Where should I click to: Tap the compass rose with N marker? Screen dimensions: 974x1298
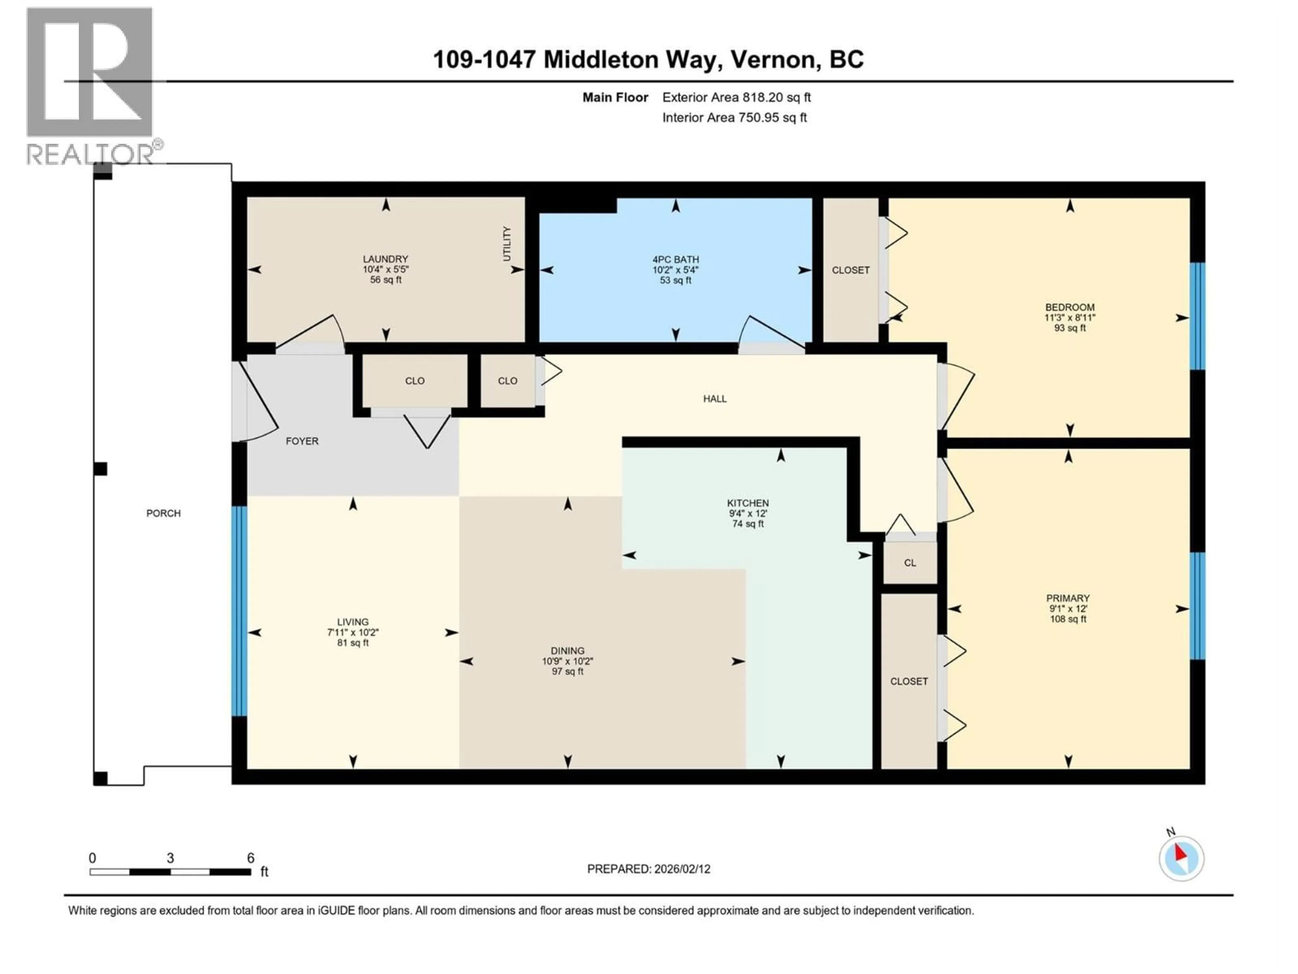coord(1181,858)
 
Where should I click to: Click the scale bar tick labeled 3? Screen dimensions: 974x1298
coord(170,858)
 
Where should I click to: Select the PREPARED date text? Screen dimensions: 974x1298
coord(648,869)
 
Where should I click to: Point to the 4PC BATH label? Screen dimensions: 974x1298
coord(675,259)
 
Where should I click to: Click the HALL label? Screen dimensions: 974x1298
coord(715,399)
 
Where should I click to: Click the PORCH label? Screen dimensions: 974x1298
coord(164,513)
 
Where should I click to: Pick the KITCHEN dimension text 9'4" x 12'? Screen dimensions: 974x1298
coord(748,513)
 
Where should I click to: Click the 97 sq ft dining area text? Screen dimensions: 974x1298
coord(568,671)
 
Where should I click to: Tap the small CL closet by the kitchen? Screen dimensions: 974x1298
coord(910,562)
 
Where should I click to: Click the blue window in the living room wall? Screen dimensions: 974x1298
coord(239,610)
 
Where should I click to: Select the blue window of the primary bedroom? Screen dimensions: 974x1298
coord(1197,606)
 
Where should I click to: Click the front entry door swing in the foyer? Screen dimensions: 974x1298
coord(257,405)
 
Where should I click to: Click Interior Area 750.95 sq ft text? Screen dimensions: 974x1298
coord(734,117)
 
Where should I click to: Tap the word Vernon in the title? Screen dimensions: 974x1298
coord(775,59)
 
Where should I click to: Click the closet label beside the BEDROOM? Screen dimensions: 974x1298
coord(850,270)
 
